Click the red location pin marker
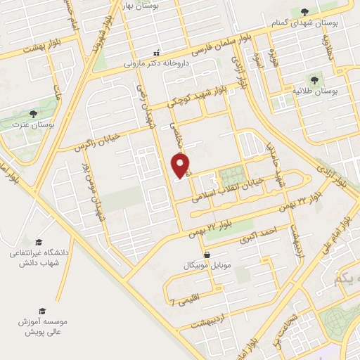pyautogui.click(x=181, y=166)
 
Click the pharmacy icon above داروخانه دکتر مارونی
pyautogui.click(x=157, y=52)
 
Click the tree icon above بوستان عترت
pyautogui.click(x=32, y=114)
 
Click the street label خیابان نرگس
pyautogui.click(x=102, y=138)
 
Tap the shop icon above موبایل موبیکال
pyautogui.click(x=206, y=255)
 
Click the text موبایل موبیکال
pyautogui.click(x=206, y=266)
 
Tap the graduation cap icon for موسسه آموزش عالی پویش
pyautogui.click(x=41, y=310)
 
